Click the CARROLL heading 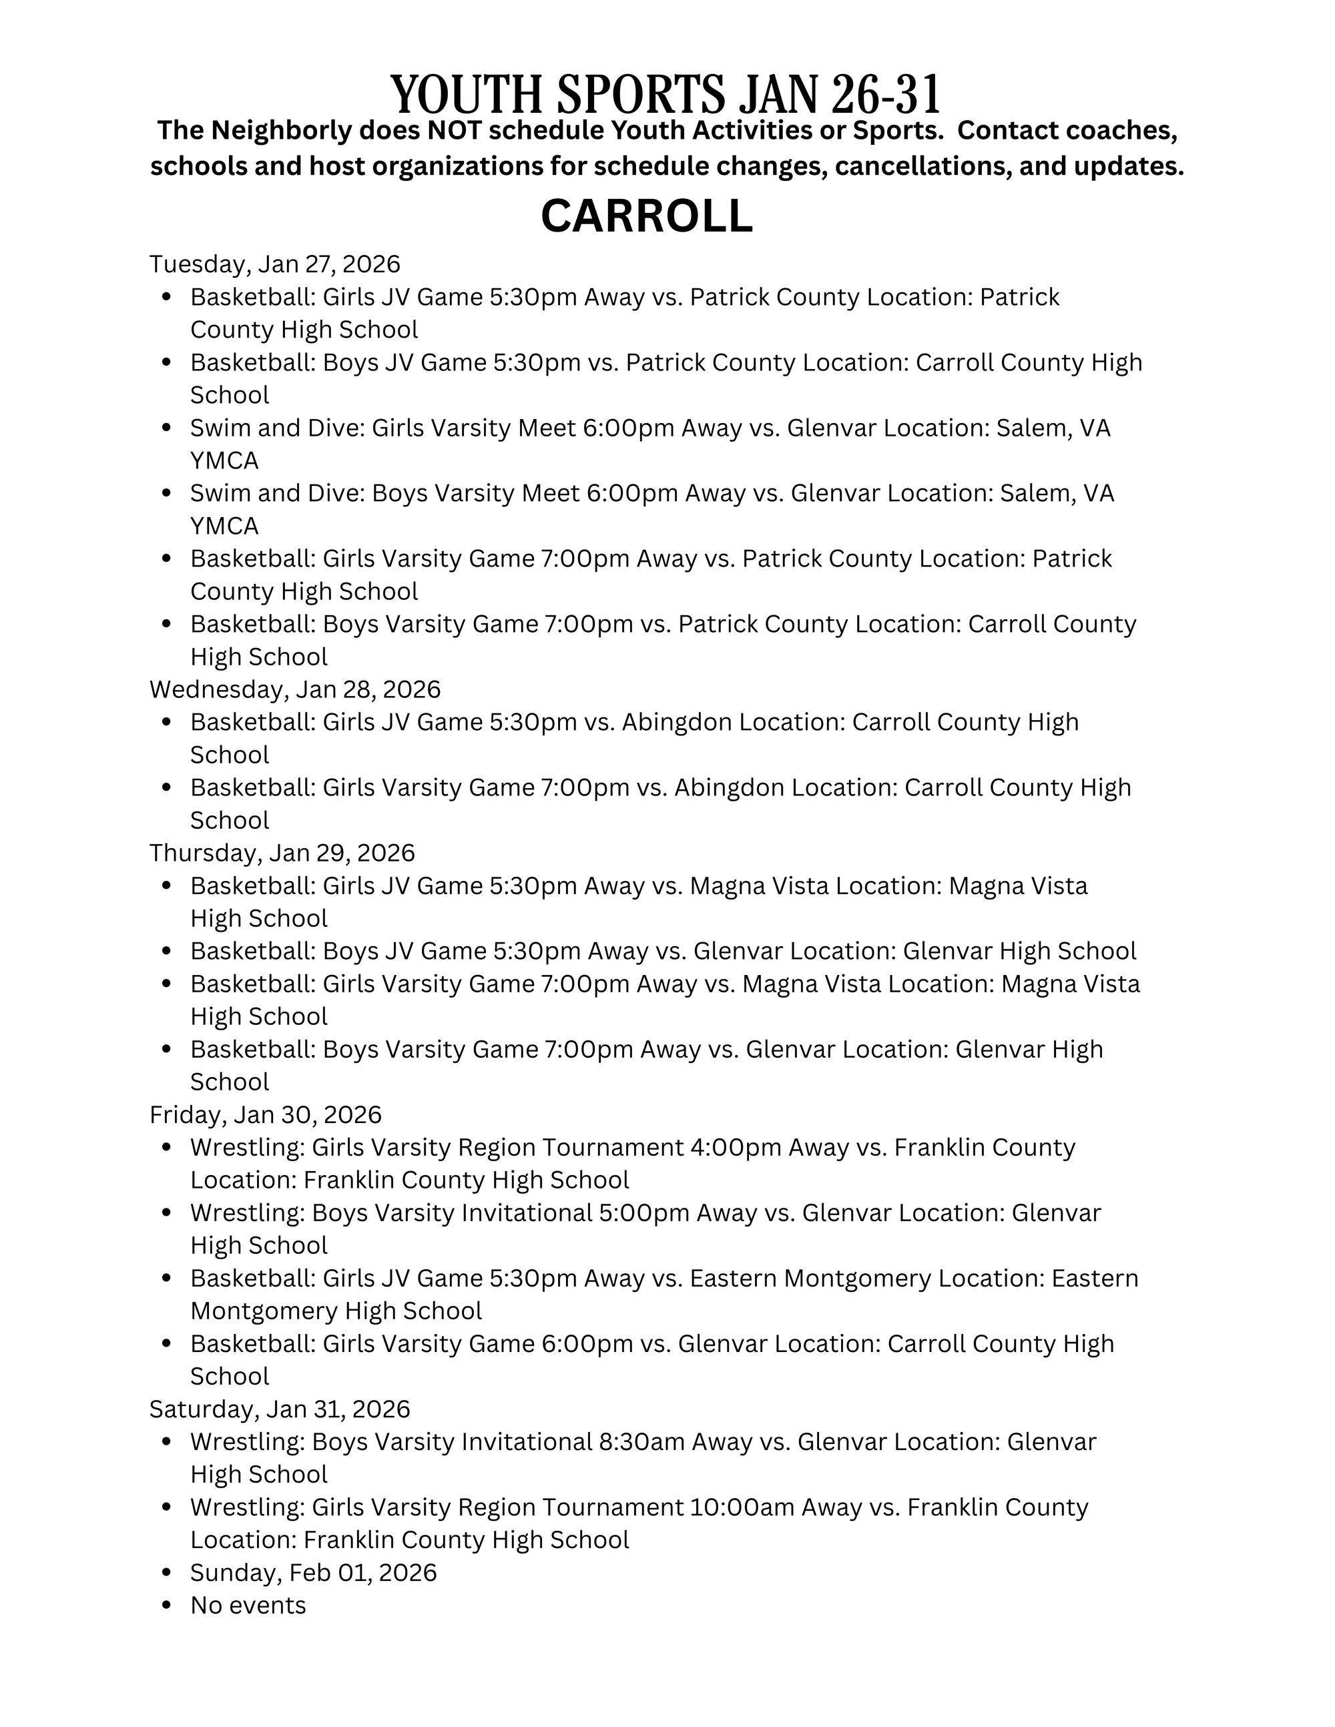646,216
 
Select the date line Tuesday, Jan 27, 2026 275,264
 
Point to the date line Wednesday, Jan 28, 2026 295,689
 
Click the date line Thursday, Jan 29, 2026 282,853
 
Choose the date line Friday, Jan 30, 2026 266,1115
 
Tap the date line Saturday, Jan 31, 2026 280,1409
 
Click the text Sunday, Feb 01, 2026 313,1572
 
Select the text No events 248,1606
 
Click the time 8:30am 641,1442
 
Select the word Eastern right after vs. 732,1279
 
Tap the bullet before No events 166,1606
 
